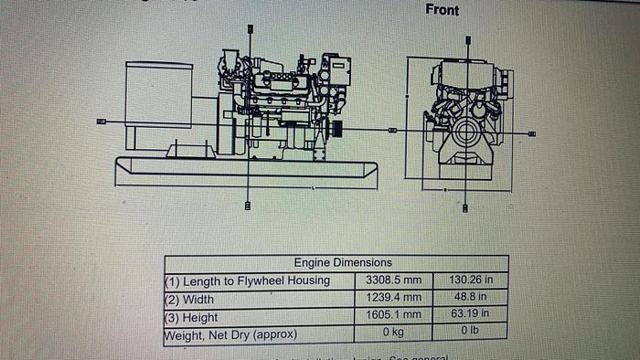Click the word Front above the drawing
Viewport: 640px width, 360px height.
pos(442,10)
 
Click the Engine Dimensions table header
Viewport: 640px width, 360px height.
pos(343,263)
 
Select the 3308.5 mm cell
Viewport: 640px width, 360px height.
pos(394,281)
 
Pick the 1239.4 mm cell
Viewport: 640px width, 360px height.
pos(394,298)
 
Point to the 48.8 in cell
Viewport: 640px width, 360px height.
pos(471,298)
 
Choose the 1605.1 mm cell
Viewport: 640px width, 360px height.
pos(394,316)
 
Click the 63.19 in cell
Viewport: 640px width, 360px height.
pos(471,315)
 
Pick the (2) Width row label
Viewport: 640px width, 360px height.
pos(189,299)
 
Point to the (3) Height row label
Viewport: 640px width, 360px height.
pos(191,317)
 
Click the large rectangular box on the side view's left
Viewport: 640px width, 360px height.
pos(159,94)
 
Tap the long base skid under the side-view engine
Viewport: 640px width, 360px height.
pos(245,171)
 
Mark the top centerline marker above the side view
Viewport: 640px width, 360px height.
pos(250,29)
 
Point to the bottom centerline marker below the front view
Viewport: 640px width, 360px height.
pos(466,208)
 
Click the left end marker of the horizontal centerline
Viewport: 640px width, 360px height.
pos(101,121)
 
